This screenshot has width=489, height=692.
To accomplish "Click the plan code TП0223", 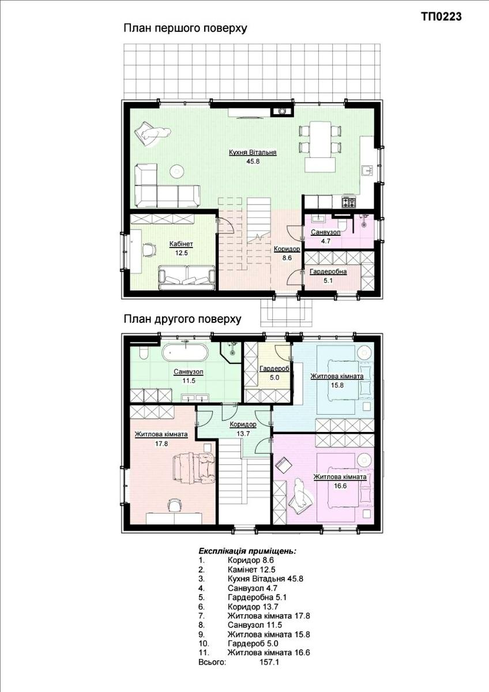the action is [x=442, y=16].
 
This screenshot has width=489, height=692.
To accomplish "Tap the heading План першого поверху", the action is [x=185, y=28].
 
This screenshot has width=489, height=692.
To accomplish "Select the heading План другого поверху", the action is [x=182, y=319].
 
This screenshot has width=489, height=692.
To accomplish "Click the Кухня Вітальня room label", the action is [x=253, y=152].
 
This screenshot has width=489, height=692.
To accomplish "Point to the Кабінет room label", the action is [x=181, y=244].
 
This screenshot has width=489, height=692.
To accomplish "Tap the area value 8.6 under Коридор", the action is [x=287, y=258].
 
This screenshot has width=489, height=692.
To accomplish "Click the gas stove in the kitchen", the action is [x=349, y=202].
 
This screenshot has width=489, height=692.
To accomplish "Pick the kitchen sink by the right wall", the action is [x=368, y=171].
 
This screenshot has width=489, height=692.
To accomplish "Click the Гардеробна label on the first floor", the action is [x=328, y=272].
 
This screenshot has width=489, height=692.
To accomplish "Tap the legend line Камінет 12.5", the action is [x=251, y=569].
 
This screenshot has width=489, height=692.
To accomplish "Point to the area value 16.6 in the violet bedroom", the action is [x=340, y=486].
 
